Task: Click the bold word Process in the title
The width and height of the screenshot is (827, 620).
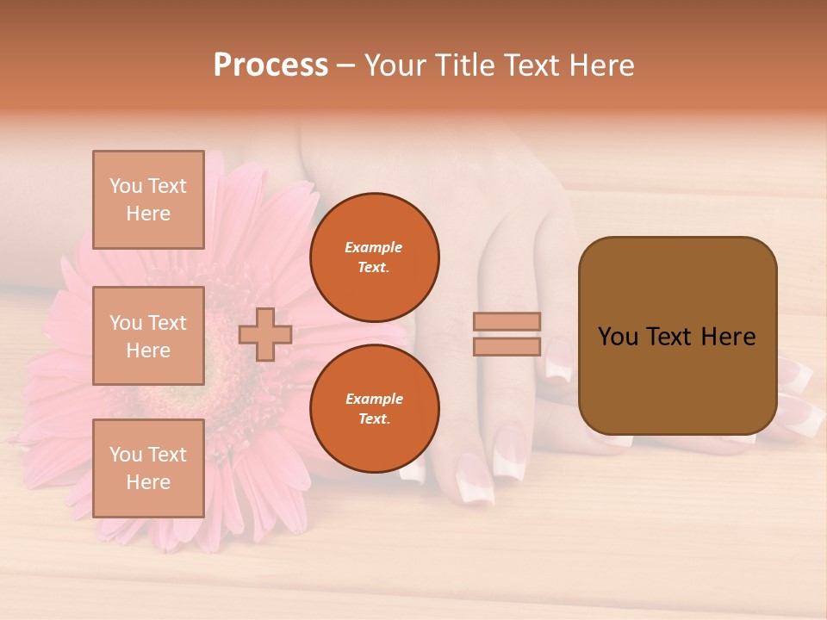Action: tap(270, 65)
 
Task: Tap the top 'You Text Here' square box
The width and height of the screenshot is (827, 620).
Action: tap(148, 200)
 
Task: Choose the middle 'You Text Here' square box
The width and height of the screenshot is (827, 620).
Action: tap(148, 336)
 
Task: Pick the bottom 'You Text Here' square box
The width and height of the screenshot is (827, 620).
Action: tap(148, 468)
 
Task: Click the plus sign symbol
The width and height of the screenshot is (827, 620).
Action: tap(265, 334)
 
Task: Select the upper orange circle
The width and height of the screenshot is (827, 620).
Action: tap(374, 257)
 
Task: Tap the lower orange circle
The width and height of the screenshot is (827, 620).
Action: tap(374, 409)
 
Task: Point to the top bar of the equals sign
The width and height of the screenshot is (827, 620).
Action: tap(507, 321)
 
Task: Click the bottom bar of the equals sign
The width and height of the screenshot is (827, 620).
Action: tap(507, 347)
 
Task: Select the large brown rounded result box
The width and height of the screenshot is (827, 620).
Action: tap(677, 336)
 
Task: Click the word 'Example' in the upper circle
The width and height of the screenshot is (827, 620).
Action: tap(373, 247)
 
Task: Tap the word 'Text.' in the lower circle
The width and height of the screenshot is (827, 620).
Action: tap(374, 419)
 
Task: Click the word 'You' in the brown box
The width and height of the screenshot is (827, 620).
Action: tap(618, 337)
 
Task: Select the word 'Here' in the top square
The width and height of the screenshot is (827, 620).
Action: tap(148, 214)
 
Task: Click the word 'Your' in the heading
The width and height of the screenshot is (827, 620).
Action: tap(395, 65)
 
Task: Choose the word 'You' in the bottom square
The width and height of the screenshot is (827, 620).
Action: tap(125, 454)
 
